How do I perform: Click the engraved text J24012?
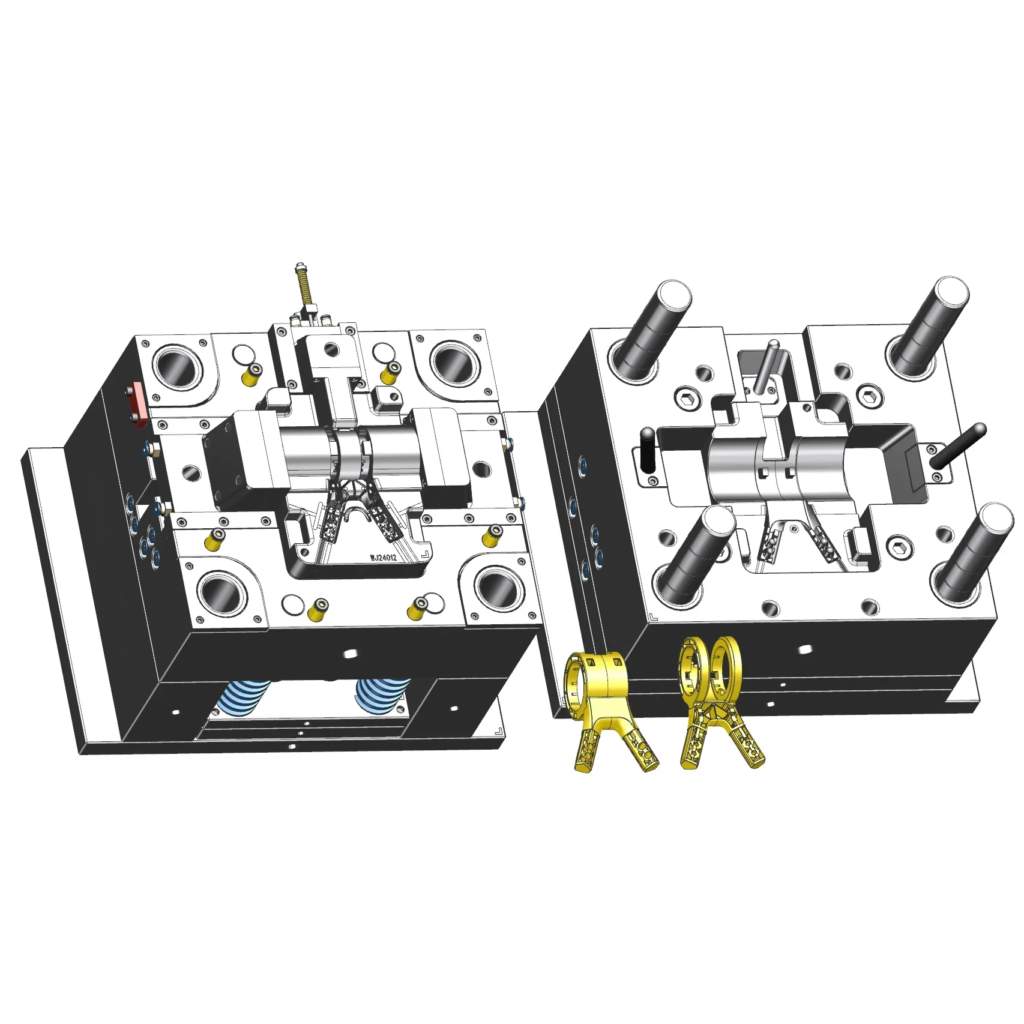[x=384, y=558]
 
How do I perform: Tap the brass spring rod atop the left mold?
[x=302, y=288]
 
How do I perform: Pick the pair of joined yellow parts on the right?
[x=717, y=702]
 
